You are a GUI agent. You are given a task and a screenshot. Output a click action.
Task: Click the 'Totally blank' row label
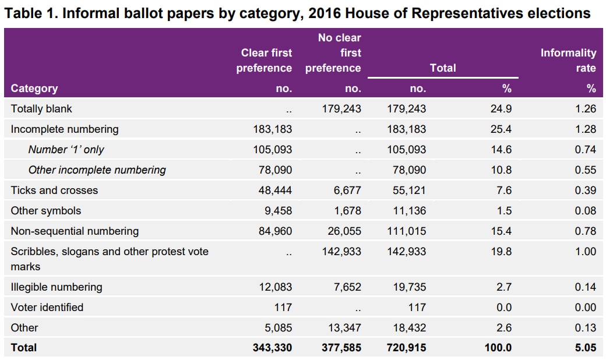pyautogui.click(x=41, y=109)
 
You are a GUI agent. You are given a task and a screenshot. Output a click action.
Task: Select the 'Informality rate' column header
pyautogui.click(x=568, y=61)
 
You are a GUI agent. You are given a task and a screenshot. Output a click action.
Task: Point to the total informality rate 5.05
pyautogui.click(x=584, y=348)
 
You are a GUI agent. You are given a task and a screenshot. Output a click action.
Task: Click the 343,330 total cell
pyautogui.click(x=273, y=348)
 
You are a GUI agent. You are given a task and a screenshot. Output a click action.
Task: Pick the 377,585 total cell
pyautogui.click(x=341, y=348)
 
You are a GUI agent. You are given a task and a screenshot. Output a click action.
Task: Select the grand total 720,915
pyautogui.click(x=406, y=348)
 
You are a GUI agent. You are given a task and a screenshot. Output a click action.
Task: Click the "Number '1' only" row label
pyautogui.click(x=66, y=150)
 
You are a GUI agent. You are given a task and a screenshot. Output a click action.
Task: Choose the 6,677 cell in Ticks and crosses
pyautogui.click(x=347, y=190)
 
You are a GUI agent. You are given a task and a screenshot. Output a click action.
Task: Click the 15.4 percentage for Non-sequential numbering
pyautogui.click(x=501, y=231)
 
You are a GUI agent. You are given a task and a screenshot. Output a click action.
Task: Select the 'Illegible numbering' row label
pyautogui.click(x=57, y=287)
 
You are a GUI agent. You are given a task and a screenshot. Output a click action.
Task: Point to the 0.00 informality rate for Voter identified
pyautogui.click(x=585, y=307)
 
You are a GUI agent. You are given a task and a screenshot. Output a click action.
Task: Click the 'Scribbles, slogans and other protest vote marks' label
pyautogui.click(x=110, y=259)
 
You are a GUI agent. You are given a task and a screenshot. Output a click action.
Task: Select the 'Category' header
pyautogui.click(x=34, y=89)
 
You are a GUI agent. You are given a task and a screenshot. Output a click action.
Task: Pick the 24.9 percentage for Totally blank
pyautogui.click(x=501, y=109)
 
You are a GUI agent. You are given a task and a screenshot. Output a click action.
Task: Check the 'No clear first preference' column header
pyautogui.click(x=333, y=53)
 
